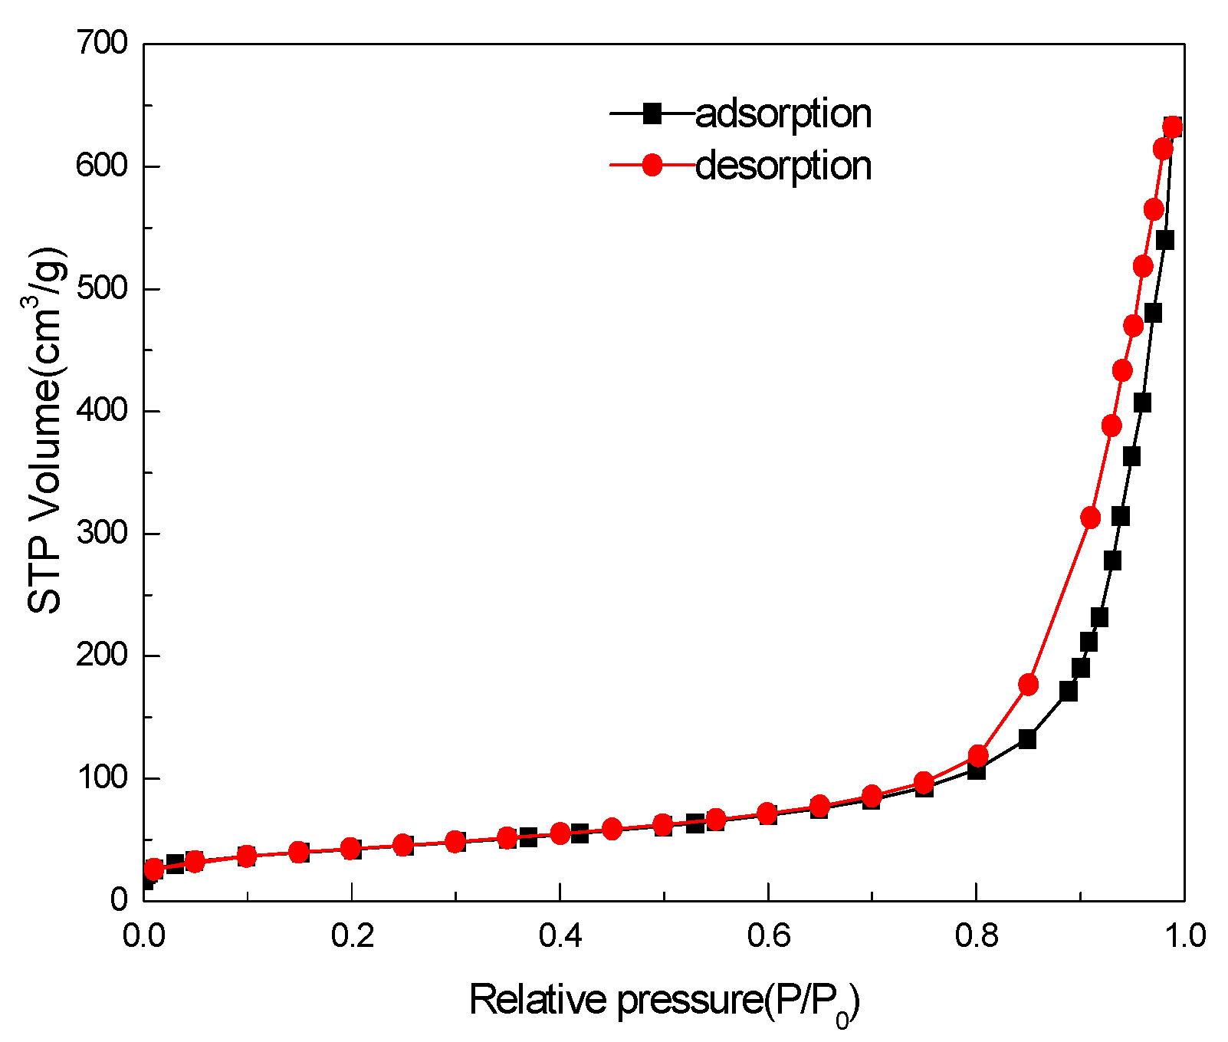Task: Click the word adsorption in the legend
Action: click(783, 114)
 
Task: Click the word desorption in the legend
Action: click(783, 166)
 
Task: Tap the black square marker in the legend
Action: click(652, 113)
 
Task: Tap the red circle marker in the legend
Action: click(652, 165)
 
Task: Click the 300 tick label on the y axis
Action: click(101, 533)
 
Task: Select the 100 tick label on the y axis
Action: click(101, 777)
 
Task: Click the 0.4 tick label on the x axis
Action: click(560, 936)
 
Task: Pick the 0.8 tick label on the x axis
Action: click(976, 936)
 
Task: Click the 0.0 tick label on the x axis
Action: click(144, 936)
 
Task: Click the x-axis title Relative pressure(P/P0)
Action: click(664, 1001)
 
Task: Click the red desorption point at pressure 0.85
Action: click(1028, 685)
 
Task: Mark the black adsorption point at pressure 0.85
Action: click(1027, 739)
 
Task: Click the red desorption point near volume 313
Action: click(1090, 518)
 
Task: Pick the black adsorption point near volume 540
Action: click(1164, 241)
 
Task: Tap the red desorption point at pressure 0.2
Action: click(351, 848)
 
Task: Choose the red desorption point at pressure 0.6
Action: click(767, 813)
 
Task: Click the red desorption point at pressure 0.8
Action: click(977, 754)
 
